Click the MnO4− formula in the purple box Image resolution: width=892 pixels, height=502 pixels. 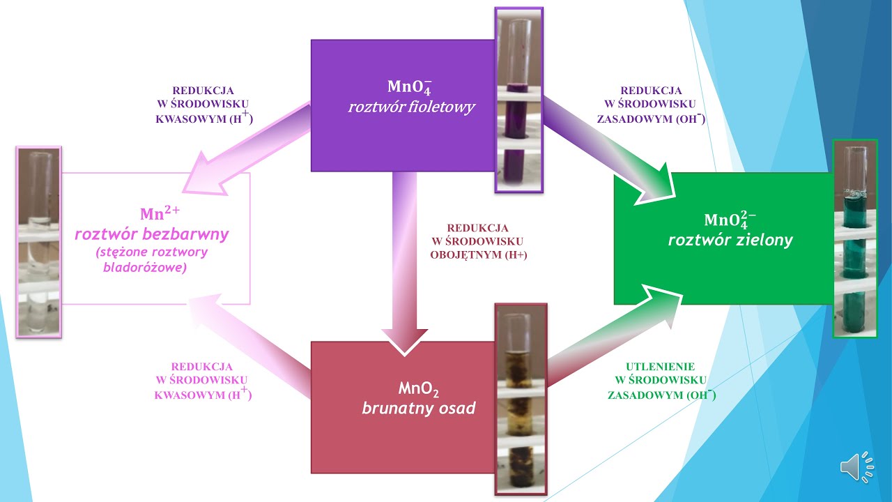click(410, 87)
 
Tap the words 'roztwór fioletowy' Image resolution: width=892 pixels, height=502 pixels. click(412, 107)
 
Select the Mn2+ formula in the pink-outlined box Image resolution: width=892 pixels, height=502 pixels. click(160, 213)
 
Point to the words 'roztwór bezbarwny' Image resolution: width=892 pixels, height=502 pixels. click(152, 234)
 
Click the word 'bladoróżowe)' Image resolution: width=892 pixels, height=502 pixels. click(145, 267)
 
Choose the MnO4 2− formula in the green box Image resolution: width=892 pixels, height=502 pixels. click(730, 220)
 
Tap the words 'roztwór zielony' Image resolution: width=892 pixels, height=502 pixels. click(730, 240)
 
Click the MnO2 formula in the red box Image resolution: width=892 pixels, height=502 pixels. click(419, 389)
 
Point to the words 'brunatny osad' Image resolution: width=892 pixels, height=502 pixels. click(419, 408)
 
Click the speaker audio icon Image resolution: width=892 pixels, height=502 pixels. click(857, 466)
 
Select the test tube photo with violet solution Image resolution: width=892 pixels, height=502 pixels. click(519, 100)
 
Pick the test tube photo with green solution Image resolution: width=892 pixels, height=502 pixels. click(855, 238)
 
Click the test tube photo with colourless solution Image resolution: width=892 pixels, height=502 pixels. click(38, 242)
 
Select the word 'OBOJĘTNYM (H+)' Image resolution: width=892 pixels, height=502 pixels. click(479, 254)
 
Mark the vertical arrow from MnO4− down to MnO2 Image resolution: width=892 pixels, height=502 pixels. click(405, 263)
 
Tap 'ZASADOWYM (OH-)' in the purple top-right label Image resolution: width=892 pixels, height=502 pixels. click(651, 119)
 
